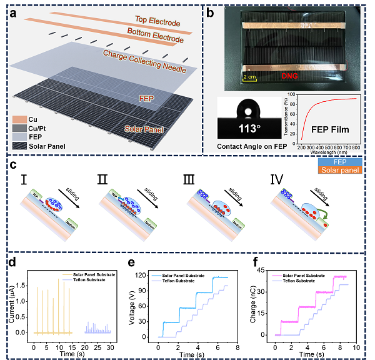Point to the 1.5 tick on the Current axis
pyautogui.click(x=21, y=284)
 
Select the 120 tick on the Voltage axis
pyautogui.click(x=145, y=274)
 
